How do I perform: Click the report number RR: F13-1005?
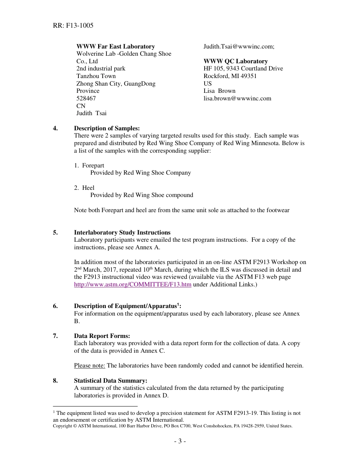tap(74, 25)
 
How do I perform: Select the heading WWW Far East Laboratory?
tap(116, 47)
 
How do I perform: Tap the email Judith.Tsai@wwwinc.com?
tap(239, 47)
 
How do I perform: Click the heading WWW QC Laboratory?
tap(235, 61)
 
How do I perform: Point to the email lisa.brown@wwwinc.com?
tap(237, 99)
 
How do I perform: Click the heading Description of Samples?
tap(107, 128)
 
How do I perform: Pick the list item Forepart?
tap(93, 166)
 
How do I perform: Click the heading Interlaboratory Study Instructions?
tap(122, 233)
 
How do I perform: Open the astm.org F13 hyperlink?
tap(133, 285)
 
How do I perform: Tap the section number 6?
tap(55, 306)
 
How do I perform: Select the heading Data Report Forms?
tap(102, 336)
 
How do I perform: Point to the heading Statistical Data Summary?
tap(111, 381)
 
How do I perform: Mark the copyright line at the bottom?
tap(172, 426)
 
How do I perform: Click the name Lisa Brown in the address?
tap(219, 91)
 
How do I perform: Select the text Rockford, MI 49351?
tap(230, 76)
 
